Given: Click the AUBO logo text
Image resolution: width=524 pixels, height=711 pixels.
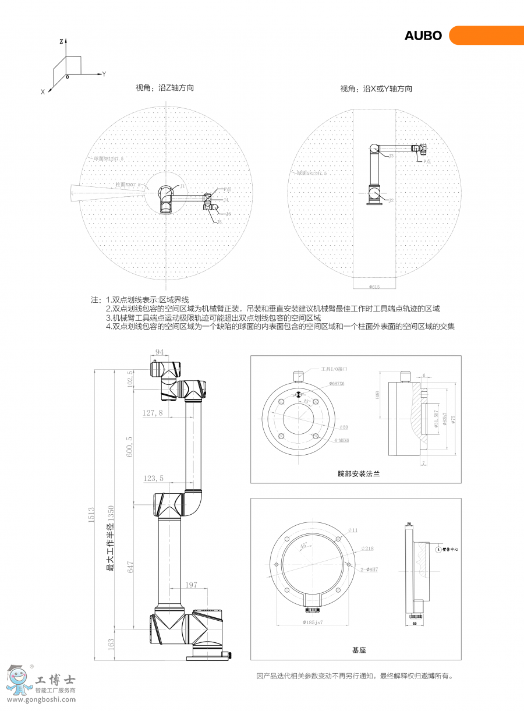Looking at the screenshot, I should coord(423,36).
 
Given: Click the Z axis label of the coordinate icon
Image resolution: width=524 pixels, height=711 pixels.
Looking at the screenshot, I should coord(61,42).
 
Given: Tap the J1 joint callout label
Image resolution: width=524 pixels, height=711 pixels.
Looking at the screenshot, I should coord(182,186).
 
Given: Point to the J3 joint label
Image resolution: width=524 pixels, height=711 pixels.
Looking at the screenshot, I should coord(391,156).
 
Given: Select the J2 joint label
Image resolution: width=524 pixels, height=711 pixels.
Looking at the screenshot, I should coord(391,200).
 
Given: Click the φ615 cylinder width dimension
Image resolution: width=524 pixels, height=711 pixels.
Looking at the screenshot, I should coord(374,286).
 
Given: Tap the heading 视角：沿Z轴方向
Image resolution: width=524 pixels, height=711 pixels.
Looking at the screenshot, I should coord(165,88).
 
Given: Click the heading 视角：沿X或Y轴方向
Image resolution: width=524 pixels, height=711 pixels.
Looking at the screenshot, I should coord(376,89).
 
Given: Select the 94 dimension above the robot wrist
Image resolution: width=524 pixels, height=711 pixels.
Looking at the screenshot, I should coord(160,352).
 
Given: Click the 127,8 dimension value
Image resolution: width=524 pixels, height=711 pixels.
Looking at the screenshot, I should coord(153,412).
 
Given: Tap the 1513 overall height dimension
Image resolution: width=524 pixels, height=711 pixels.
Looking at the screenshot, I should coord(91,515).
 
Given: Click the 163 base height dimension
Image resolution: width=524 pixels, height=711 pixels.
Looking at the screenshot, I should coord(111,645).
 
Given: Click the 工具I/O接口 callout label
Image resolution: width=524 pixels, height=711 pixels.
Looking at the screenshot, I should coord(332,369).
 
